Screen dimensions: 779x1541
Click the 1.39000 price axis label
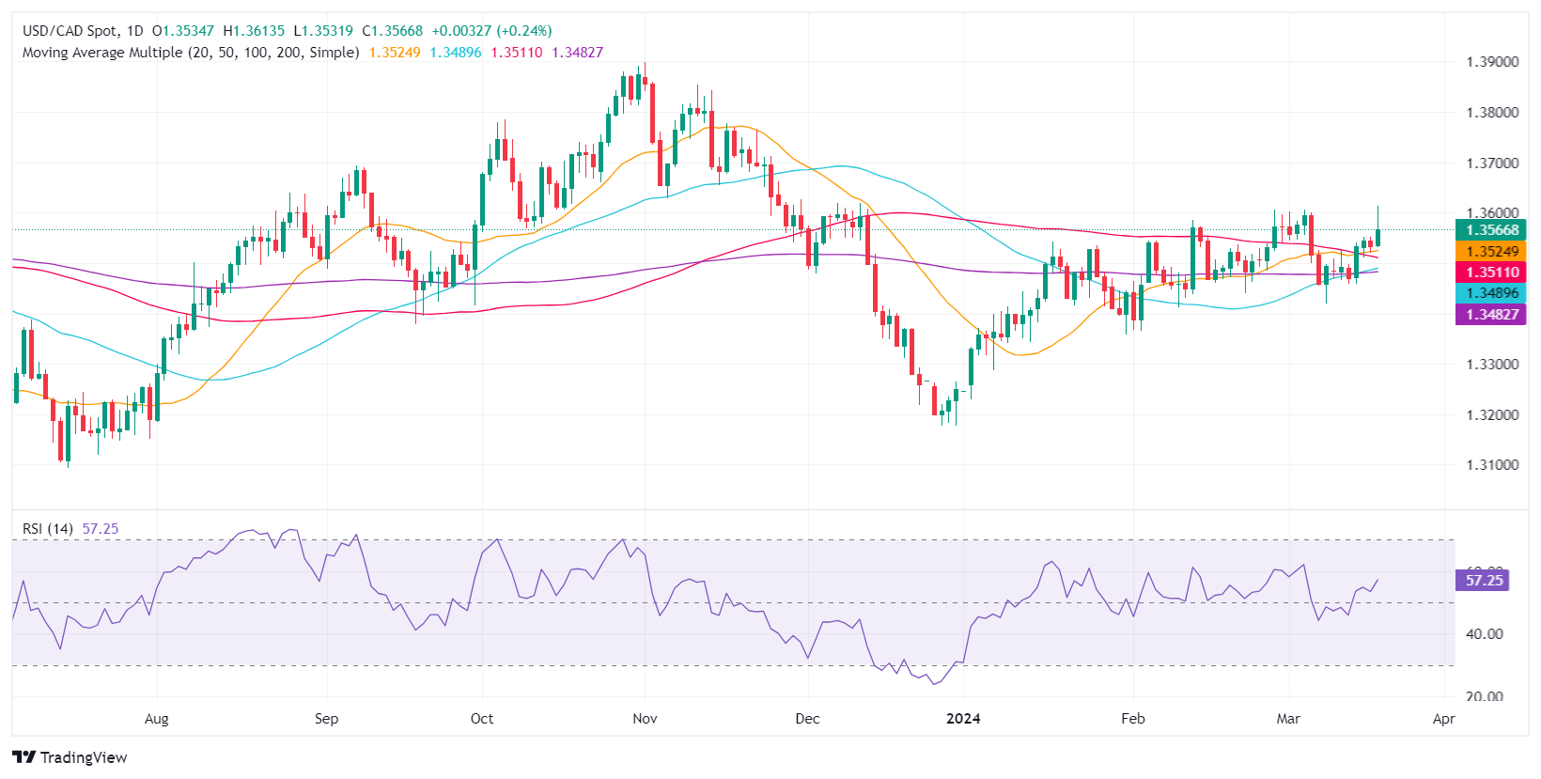coord(1492,62)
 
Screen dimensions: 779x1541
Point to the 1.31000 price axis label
coord(1492,465)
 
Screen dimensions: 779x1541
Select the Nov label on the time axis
coord(645,719)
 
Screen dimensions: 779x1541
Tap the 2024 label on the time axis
coord(963,719)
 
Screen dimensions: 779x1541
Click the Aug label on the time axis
coord(157,719)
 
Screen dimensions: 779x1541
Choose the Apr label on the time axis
coord(1443,719)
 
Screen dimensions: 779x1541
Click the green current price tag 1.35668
coord(1491,230)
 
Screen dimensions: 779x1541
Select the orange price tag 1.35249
coord(1491,252)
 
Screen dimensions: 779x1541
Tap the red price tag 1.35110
coord(1491,273)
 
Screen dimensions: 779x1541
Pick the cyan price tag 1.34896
coord(1491,293)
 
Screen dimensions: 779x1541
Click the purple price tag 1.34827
coord(1491,314)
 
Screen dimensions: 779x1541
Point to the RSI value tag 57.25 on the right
coord(1484,581)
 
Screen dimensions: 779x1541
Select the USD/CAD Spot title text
coord(71,31)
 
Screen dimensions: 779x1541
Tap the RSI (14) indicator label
coord(48,529)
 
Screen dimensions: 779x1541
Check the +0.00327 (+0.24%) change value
coord(491,31)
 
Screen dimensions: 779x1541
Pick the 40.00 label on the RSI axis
coord(1485,634)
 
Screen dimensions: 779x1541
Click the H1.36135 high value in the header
coord(254,31)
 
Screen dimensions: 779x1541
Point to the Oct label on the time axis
coord(482,719)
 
